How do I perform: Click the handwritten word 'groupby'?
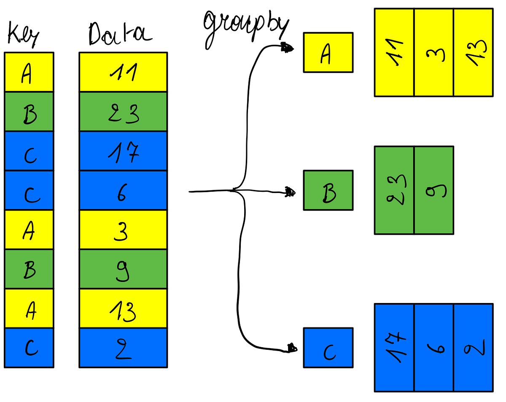pyautogui.click(x=246, y=27)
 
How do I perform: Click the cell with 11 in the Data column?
pyautogui.click(x=123, y=72)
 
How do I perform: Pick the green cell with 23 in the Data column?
pyautogui.click(x=123, y=112)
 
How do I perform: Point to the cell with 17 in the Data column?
pyautogui.click(x=123, y=151)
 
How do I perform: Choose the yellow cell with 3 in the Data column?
pyautogui.click(x=123, y=230)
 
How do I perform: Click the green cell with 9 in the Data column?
pyautogui.click(x=123, y=269)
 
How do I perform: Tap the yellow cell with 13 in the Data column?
pyautogui.click(x=123, y=308)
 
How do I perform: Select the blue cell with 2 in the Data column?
pyautogui.click(x=123, y=348)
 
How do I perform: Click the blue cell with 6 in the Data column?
pyautogui.click(x=123, y=190)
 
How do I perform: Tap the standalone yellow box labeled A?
pyautogui.click(x=328, y=53)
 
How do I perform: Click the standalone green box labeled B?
pyautogui.click(x=328, y=190)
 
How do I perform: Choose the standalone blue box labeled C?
pyautogui.click(x=328, y=348)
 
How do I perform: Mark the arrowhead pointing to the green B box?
pyautogui.click(x=290, y=193)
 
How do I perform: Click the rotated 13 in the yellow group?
pyautogui.click(x=473, y=53)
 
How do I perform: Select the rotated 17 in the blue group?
pyautogui.click(x=394, y=348)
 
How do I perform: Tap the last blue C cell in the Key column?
pyautogui.click(x=29, y=348)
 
